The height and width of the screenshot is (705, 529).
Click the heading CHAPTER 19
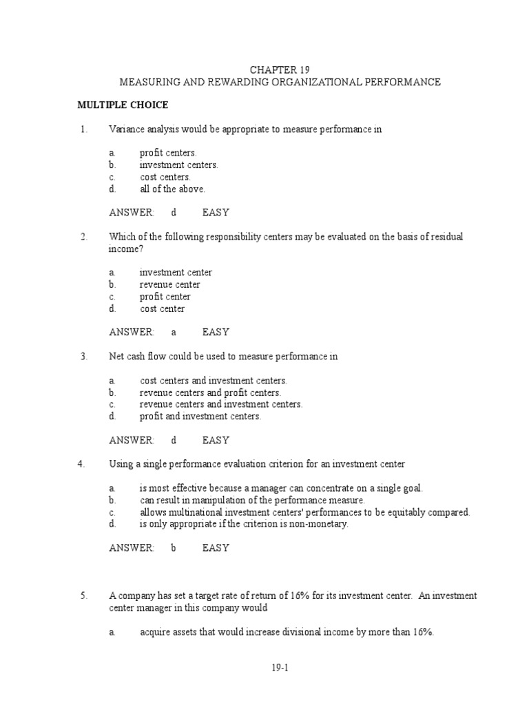pyautogui.click(x=280, y=70)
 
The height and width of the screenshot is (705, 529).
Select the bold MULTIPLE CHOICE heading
pyautogui.click(x=122, y=105)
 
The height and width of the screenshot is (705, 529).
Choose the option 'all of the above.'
pyautogui.click(x=172, y=189)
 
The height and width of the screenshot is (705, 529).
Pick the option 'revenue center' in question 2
pyautogui.click(x=170, y=284)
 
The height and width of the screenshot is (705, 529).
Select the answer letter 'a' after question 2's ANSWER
pyautogui.click(x=174, y=332)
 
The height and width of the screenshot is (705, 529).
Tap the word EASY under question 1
pyautogui.click(x=216, y=213)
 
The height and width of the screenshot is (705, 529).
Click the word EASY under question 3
pyautogui.click(x=216, y=440)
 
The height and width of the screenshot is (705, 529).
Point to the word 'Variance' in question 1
pyautogui.click(x=126, y=129)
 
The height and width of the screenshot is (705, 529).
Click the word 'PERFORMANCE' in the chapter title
pyautogui.click(x=402, y=82)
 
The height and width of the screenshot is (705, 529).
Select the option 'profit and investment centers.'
pyautogui.click(x=200, y=417)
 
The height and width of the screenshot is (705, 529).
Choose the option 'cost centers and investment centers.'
pyautogui.click(x=214, y=381)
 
